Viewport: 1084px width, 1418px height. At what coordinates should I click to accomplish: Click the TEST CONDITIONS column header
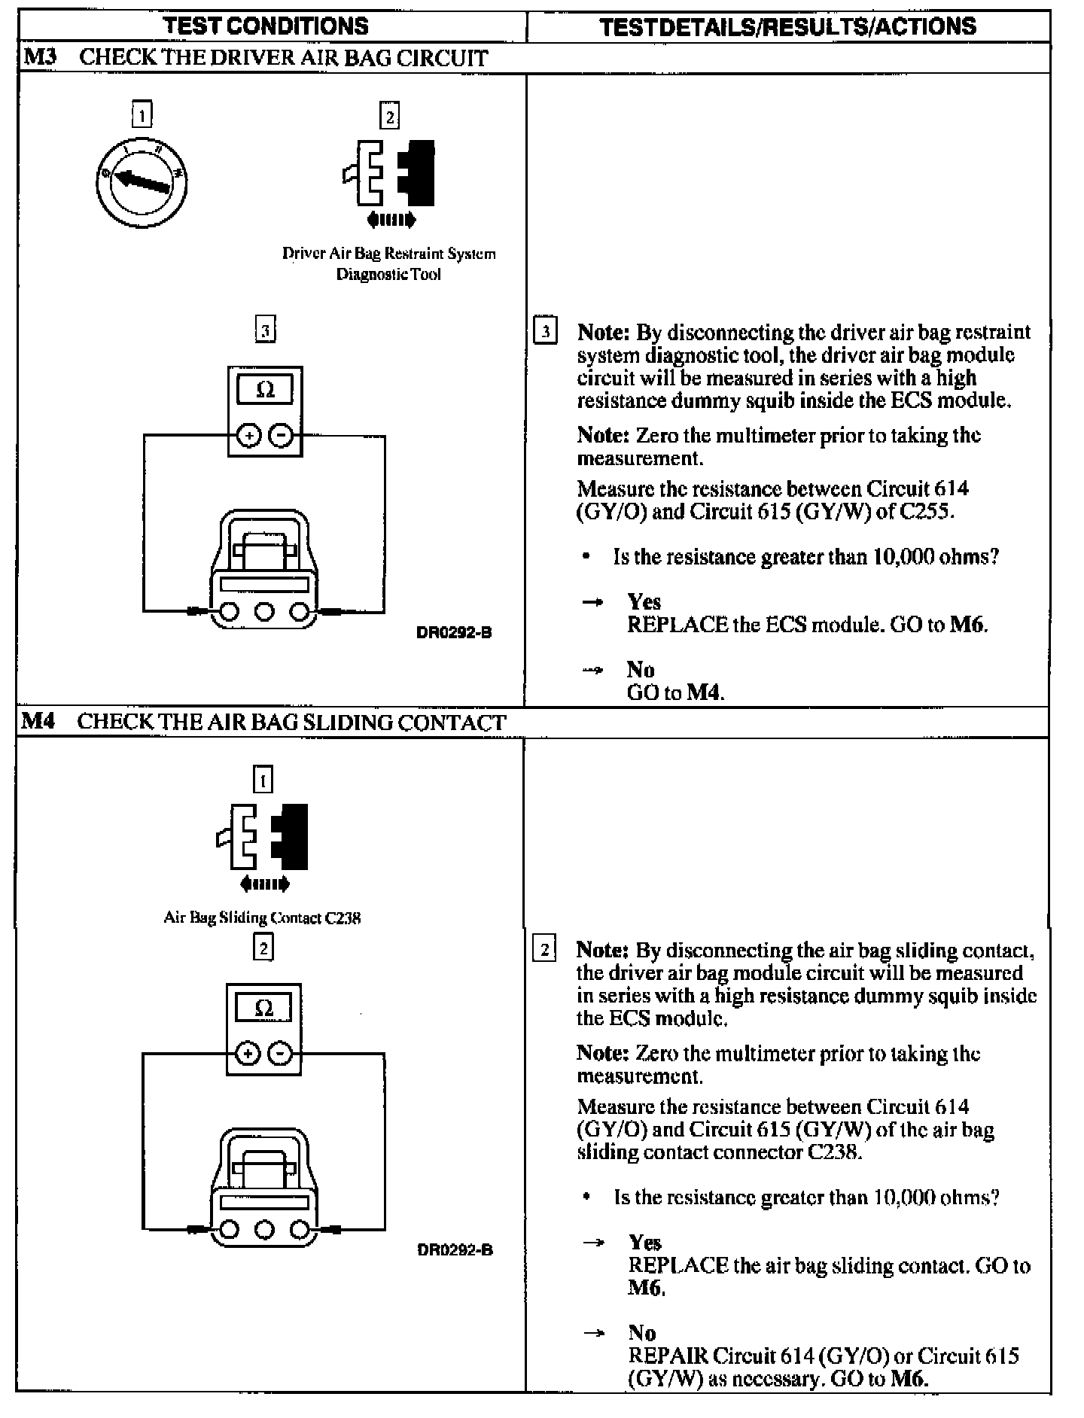tap(266, 26)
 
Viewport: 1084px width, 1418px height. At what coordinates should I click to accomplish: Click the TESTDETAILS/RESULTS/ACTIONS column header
tap(788, 26)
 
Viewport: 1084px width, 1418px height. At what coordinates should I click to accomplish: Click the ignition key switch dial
tap(142, 181)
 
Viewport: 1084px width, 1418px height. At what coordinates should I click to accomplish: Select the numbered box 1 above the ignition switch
tap(142, 115)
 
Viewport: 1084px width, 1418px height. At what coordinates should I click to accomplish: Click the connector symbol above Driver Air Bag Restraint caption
tap(389, 173)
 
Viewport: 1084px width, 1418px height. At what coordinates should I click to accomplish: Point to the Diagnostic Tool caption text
tap(388, 274)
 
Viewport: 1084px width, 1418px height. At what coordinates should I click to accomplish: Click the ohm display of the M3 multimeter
tap(265, 390)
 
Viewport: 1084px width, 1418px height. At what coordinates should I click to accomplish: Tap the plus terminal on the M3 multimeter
tap(249, 436)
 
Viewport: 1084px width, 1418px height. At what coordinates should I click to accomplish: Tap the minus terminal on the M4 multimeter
tap(280, 1054)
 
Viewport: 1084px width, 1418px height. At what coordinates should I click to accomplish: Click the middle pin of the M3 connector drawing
tap(263, 610)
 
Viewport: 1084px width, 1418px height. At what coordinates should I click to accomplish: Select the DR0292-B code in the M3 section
tap(454, 632)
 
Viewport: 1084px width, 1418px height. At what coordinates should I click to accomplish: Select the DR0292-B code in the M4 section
tap(455, 1250)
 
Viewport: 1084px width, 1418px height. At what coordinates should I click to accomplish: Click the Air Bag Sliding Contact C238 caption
tap(262, 917)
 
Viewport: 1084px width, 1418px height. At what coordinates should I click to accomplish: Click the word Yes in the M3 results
tap(644, 601)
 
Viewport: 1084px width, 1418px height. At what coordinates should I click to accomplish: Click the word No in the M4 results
tap(642, 1333)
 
